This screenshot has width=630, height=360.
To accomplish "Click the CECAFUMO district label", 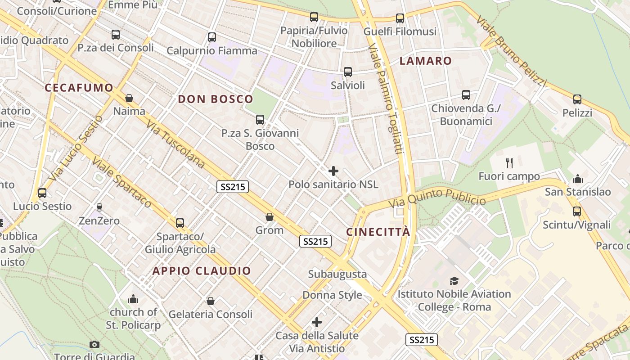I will point(79,88).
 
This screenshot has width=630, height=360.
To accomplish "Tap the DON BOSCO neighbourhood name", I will point(216,99).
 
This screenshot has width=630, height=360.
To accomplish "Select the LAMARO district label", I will point(425,61).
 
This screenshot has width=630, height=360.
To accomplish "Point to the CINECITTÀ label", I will point(378,232).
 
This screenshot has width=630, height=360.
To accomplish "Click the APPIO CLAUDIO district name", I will point(202,271).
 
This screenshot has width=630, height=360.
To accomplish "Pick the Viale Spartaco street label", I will point(122,182).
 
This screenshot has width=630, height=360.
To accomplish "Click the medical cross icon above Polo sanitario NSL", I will point(333,171).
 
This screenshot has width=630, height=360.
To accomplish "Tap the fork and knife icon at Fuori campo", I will point(509,162).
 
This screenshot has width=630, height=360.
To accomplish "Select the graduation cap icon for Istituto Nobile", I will point(454,281).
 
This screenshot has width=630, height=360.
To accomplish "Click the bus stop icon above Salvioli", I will point(348,72).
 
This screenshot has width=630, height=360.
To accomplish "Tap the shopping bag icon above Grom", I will point(270,217).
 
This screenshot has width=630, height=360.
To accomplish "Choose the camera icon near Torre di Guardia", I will point(94,345).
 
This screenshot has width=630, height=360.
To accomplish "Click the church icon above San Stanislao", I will point(578,179).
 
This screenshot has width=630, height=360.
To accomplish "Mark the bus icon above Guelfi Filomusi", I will point(400,18).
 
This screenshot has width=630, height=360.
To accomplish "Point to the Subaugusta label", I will point(337,274).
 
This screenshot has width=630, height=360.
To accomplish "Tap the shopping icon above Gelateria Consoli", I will point(210,301).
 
